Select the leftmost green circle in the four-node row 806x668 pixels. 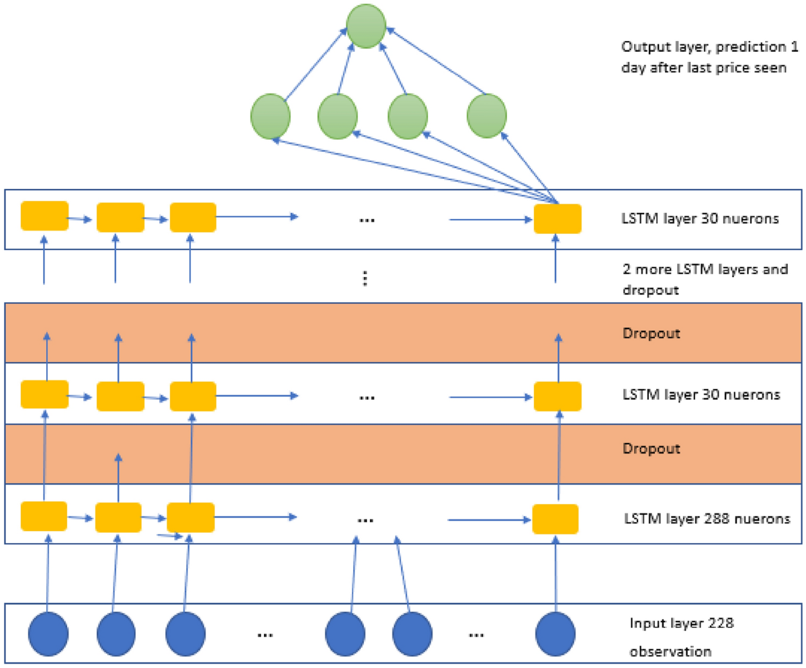(x=270, y=116)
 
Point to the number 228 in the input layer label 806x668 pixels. (x=720, y=623)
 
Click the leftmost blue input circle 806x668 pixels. (x=48, y=634)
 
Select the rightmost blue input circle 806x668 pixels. (x=555, y=634)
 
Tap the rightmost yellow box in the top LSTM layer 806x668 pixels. (x=557, y=218)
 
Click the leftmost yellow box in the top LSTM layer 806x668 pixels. (x=44, y=216)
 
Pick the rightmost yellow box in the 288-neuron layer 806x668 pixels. (x=555, y=519)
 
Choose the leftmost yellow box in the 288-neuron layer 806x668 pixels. (x=44, y=516)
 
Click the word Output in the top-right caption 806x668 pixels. (x=641, y=48)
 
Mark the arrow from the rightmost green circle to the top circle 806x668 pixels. (x=437, y=60)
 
